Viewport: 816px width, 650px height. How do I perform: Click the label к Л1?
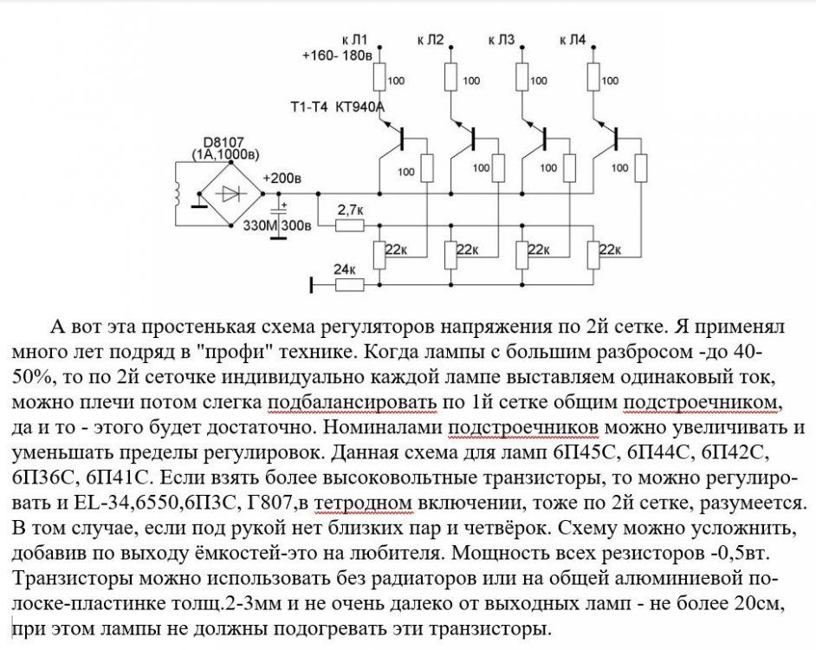[x=355, y=40]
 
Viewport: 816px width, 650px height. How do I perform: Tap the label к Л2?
[x=431, y=40]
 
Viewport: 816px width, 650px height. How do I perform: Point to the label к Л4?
[x=573, y=40]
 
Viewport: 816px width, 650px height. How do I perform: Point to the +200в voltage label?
[x=283, y=179]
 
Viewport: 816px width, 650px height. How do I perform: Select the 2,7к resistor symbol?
[x=350, y=225]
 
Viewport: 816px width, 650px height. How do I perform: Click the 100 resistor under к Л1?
[x=379, y=79]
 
